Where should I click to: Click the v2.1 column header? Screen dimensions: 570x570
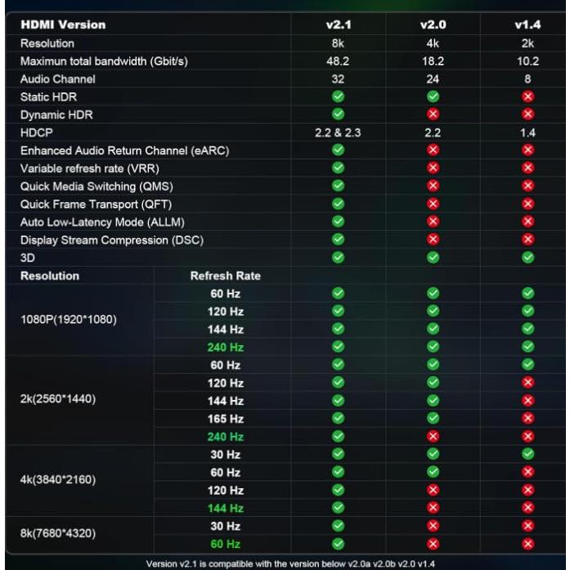pos(338,25)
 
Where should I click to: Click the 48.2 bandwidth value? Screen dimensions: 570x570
pos(338,61)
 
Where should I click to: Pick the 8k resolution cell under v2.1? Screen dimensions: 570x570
pos(338,43)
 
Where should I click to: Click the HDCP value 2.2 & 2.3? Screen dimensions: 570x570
pos(338,132)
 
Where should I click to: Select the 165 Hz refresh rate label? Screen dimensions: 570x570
pos(226,418)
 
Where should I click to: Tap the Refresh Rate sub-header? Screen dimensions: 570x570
pos(225,276)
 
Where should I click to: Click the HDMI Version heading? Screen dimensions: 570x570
pos(54,25)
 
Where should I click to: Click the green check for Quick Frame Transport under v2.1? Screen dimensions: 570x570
pos(338,204)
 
